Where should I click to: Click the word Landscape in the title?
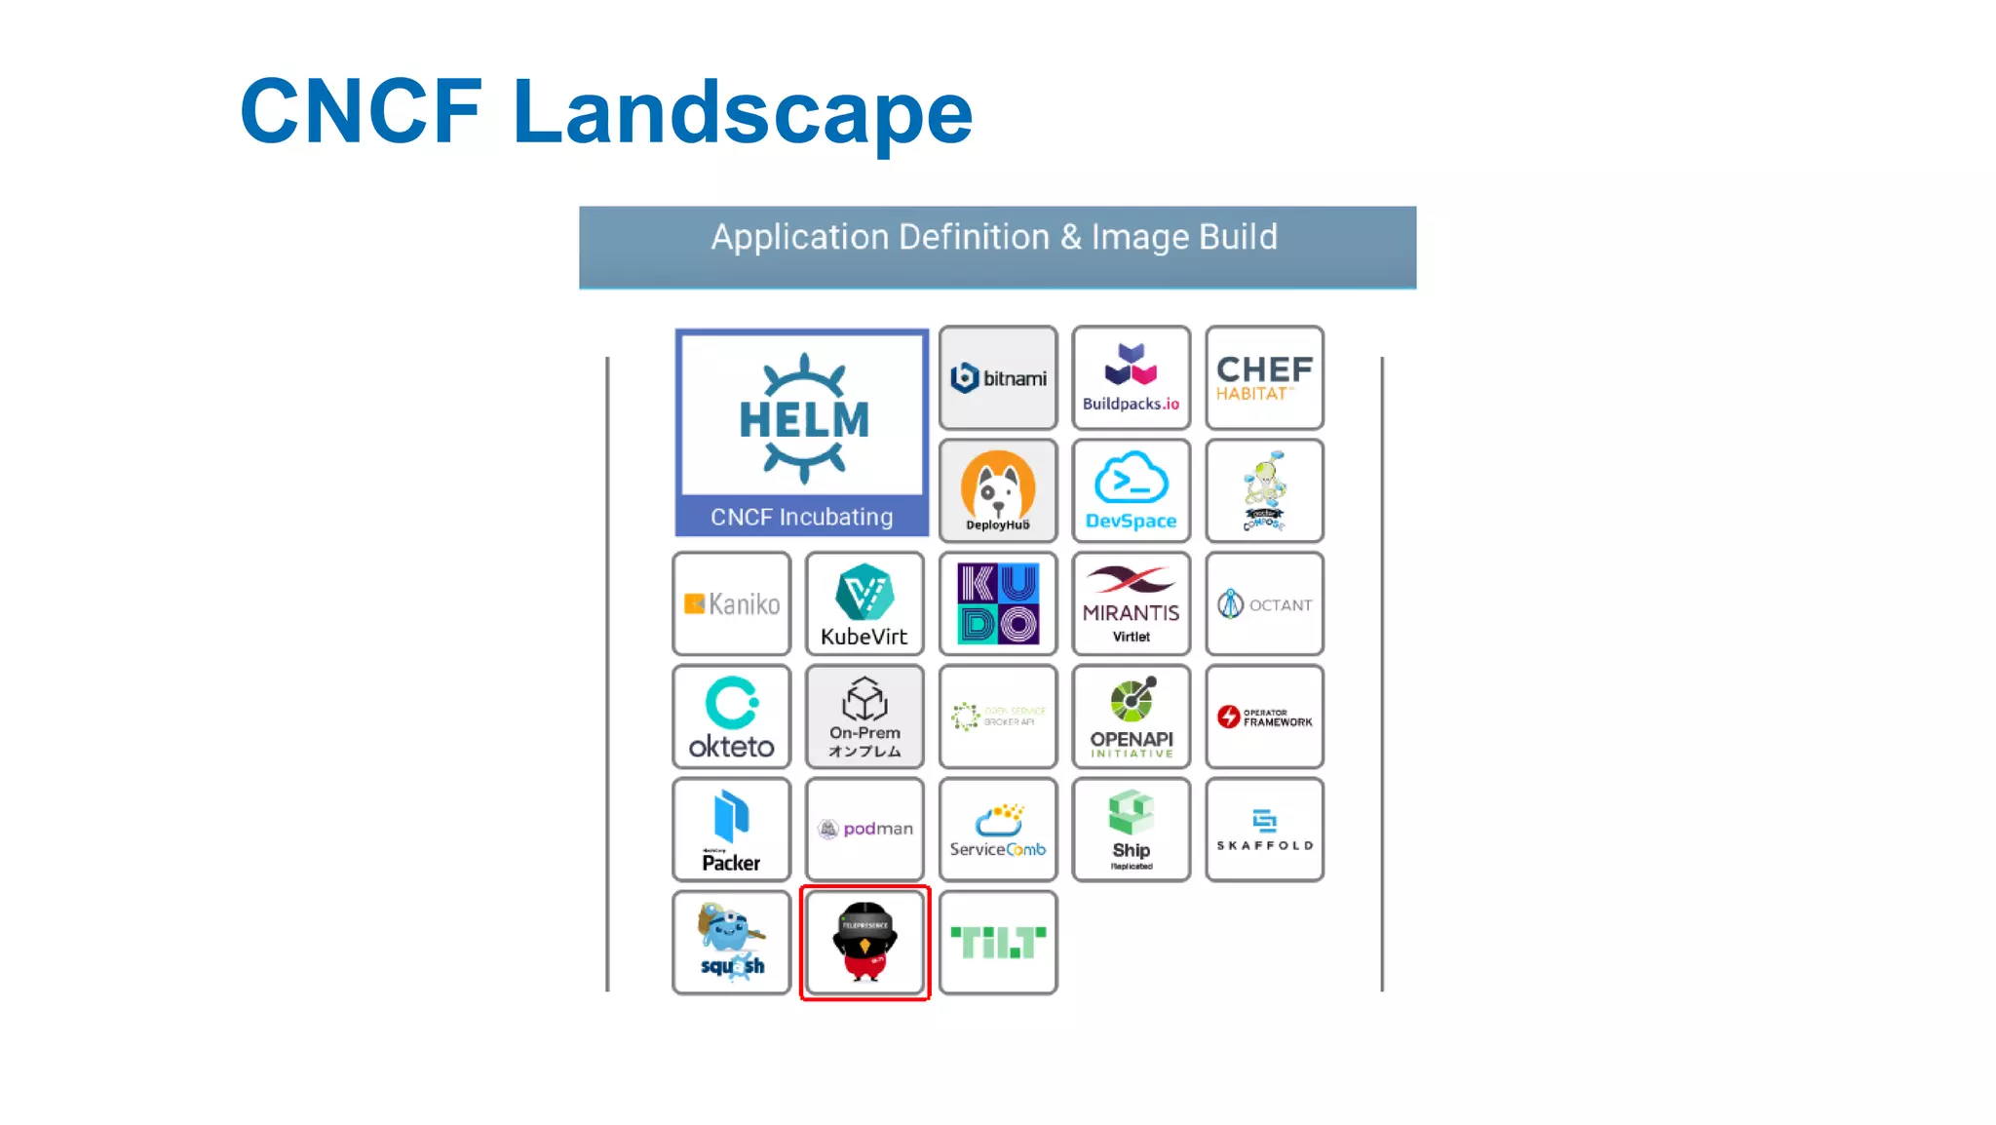743,113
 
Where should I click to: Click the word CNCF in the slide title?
361,113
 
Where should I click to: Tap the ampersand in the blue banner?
1070,237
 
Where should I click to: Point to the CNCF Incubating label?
801,517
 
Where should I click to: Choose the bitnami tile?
998,378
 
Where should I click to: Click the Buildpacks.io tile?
1131,378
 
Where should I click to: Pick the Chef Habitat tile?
1264,378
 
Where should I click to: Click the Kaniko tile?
732,604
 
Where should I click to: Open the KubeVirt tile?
864,604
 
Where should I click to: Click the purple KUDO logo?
998,604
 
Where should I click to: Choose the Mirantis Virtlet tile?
1131,604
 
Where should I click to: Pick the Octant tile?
1264,604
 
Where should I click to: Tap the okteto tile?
732,718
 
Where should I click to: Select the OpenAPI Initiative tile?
1131,718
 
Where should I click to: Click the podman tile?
864,830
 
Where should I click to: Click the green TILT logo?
998,943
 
